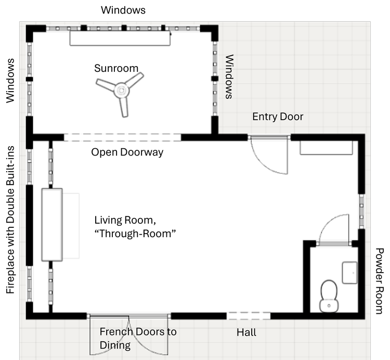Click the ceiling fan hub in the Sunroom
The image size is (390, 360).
121,91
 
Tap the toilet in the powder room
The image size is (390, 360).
329,296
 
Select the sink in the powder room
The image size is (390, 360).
350,273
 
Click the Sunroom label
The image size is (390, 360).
116,68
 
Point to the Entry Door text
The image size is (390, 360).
278,117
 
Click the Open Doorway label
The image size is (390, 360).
127,152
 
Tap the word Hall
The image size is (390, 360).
246,332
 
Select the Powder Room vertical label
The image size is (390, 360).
380,281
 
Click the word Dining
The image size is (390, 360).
115,345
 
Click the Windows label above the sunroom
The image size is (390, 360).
123,10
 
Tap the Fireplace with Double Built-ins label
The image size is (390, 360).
10,220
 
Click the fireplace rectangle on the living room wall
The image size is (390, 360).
52,225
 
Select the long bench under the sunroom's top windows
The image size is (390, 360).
120,38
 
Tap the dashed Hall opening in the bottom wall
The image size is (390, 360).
249,316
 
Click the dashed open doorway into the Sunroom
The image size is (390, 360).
122,137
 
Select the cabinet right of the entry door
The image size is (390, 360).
326,148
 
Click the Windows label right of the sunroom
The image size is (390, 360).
229,77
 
